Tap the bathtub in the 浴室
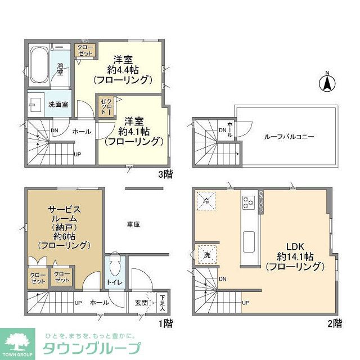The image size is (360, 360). [x=38, y=66]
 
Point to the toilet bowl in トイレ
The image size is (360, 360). [x=115, y=266]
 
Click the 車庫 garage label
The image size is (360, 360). [x=133, y=224]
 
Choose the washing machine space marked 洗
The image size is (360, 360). [x=206, y=254]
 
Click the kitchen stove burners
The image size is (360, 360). [x=248, y=200]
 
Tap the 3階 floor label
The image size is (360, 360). [x=165, y=174]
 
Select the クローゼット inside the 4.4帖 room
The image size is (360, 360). [x=85, y=51]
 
